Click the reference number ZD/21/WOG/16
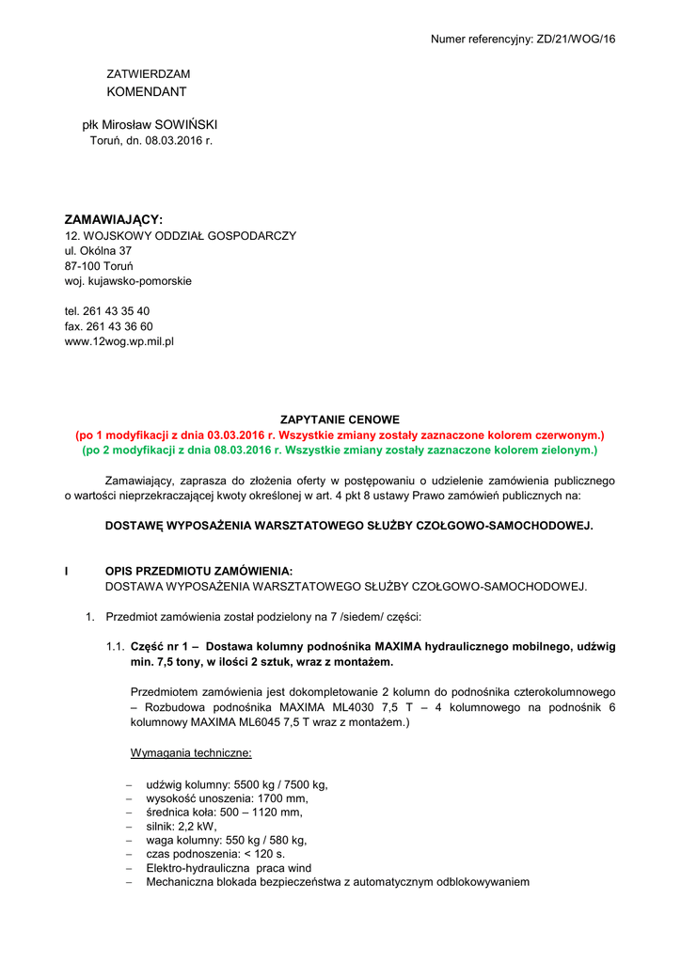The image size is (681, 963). coord(576,39)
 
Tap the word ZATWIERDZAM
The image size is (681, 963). coord(148,73)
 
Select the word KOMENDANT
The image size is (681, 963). coord(147,91)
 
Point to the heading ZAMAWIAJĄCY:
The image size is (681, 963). coord(114,219)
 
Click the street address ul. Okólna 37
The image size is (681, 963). coord(98,251)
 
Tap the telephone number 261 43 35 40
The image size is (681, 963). coord(116,311)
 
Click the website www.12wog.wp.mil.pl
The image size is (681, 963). coord(119,341)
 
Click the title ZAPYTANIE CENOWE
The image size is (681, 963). coord(340,419)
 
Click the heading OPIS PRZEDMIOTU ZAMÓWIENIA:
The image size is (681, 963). coord(198,571)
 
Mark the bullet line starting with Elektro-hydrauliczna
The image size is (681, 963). coord(229,868)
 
